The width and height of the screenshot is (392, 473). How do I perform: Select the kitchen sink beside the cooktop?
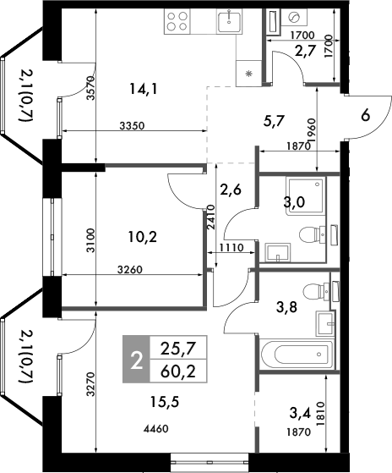pos(230,20)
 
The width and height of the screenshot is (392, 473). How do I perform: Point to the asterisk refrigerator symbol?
pos(248,74)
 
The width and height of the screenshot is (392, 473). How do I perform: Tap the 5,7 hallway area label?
pos(273,121)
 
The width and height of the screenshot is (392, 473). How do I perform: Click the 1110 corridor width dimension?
pos(231,249)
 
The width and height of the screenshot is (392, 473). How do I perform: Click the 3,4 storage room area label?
pos(300,415)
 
